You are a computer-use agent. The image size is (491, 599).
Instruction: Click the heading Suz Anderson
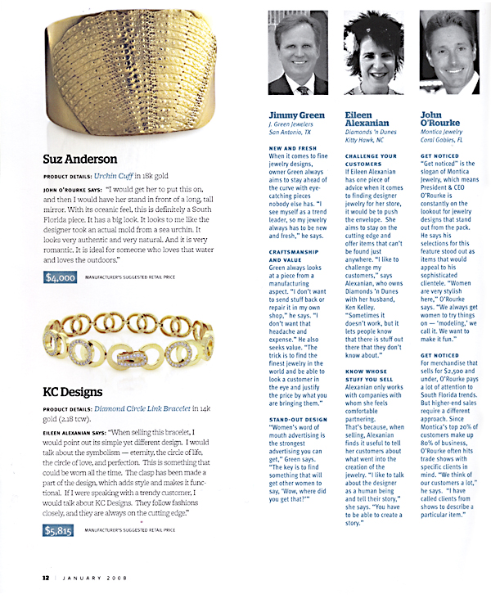82,159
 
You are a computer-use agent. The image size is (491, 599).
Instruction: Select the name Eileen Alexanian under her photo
370,120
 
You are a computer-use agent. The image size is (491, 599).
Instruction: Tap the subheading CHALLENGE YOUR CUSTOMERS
368,160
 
